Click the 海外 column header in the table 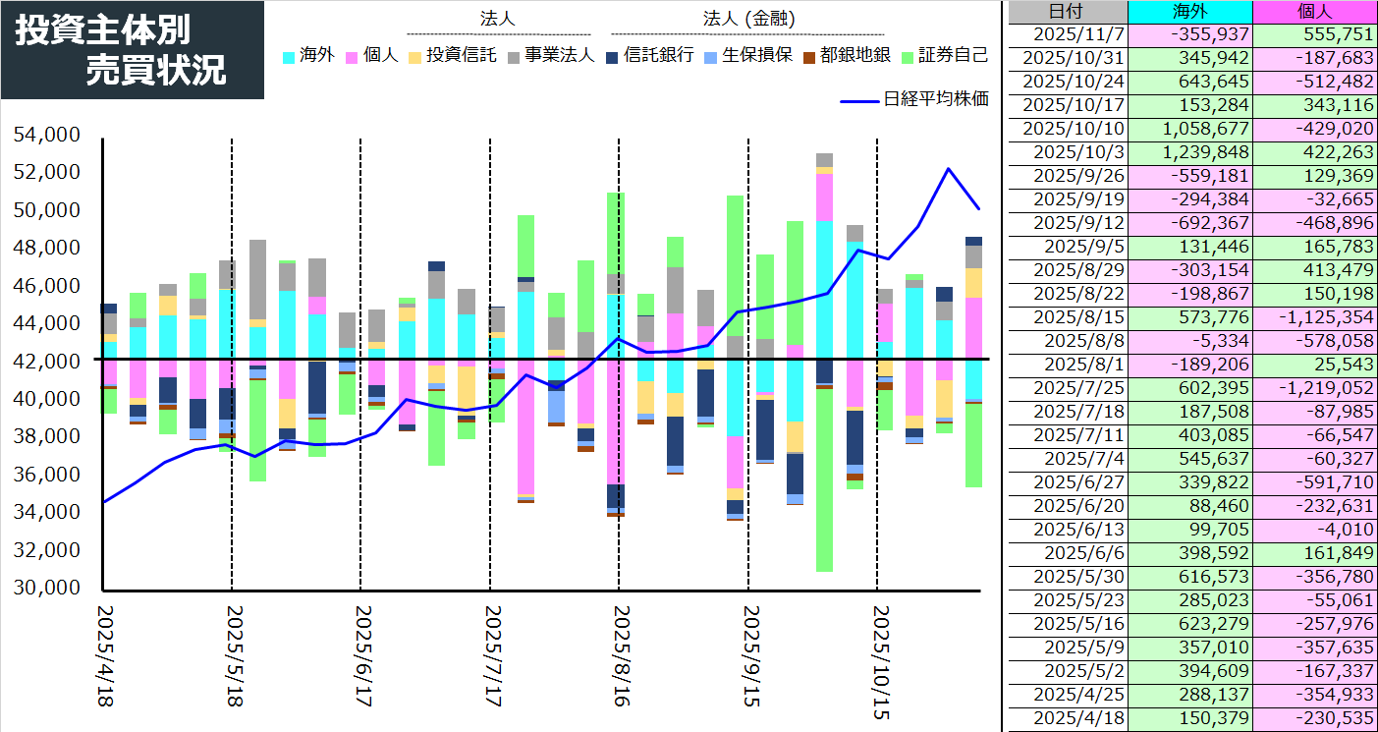pos(1190,12)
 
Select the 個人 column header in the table pos(1315,12)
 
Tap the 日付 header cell pos(1068,12)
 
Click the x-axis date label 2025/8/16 pos(619,655)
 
